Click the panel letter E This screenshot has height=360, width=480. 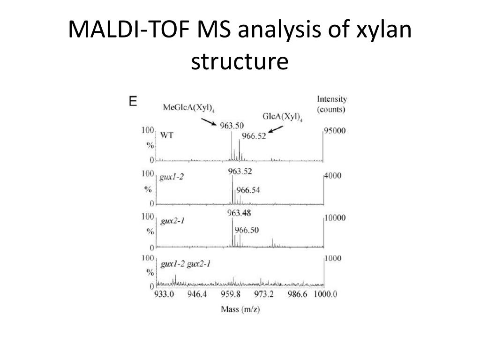pos(133,101)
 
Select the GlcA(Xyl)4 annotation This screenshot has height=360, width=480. pos(283,118)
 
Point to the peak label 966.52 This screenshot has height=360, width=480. pos(253,136)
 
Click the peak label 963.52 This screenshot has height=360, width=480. pos(240,171)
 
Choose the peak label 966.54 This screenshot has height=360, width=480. pos(248,190)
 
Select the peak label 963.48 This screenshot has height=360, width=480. pos(239,213)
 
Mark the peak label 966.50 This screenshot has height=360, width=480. pos(246,230)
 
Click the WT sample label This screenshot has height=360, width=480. pos(167,135)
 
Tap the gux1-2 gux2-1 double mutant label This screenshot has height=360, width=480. pos(185,264)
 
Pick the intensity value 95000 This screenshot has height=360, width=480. pos(335,131)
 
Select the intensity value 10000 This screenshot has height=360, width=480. pos(335,218)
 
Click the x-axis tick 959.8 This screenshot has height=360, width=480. pos(231,294)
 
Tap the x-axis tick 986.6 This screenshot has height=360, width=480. pos(297,294)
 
